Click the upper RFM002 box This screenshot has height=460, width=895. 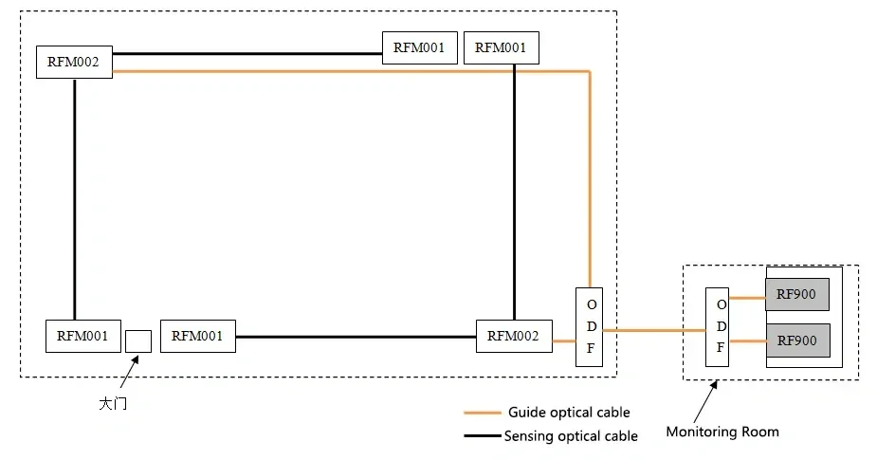74,62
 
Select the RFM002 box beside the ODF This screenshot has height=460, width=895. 513,336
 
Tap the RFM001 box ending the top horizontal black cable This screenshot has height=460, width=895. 420,47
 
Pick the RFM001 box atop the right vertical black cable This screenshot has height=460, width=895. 502,47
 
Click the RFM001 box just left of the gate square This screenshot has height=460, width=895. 83,336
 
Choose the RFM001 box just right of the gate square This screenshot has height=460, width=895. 198,336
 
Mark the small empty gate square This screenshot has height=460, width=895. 138,340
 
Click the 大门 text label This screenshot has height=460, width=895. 113,404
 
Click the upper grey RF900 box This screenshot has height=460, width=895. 796,294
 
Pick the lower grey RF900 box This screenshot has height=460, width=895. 796,340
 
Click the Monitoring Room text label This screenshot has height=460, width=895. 722,432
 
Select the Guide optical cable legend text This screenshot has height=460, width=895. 569,413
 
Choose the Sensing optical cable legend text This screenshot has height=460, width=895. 571,436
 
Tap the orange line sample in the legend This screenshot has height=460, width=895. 482,414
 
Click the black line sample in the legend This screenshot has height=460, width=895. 482,436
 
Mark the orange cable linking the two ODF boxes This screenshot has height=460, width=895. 654,330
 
